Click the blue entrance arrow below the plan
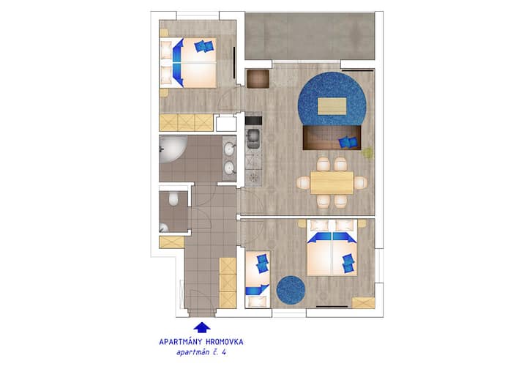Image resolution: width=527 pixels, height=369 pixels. [x=202, y=328]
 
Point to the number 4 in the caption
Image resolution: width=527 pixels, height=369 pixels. [x=223, y=353]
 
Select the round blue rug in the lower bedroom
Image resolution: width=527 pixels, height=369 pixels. [x=291, y=290]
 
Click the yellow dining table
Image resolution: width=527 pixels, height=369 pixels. [x=332, y=182]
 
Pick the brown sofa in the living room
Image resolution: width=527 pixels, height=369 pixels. [x=332, y=138]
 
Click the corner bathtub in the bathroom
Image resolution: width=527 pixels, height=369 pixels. [x=173, y=149]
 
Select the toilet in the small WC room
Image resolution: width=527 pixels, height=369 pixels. [x=173, y=198]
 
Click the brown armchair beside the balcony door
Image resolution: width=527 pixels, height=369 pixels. [x=258, y=78]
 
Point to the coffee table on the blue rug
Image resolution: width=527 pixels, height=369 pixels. [x=332, y=106]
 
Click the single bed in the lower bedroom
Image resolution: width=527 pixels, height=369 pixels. [x=258, y=279]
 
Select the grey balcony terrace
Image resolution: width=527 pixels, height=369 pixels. [x=310, y=37]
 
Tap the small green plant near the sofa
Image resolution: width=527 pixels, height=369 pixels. [x=367, y=153]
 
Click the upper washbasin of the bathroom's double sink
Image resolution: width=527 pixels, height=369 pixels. [x=230, y=149]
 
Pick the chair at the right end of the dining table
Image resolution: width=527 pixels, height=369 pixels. [x=360, y=182]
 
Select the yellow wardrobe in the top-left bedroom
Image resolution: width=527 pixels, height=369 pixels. [x=186, y=123]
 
